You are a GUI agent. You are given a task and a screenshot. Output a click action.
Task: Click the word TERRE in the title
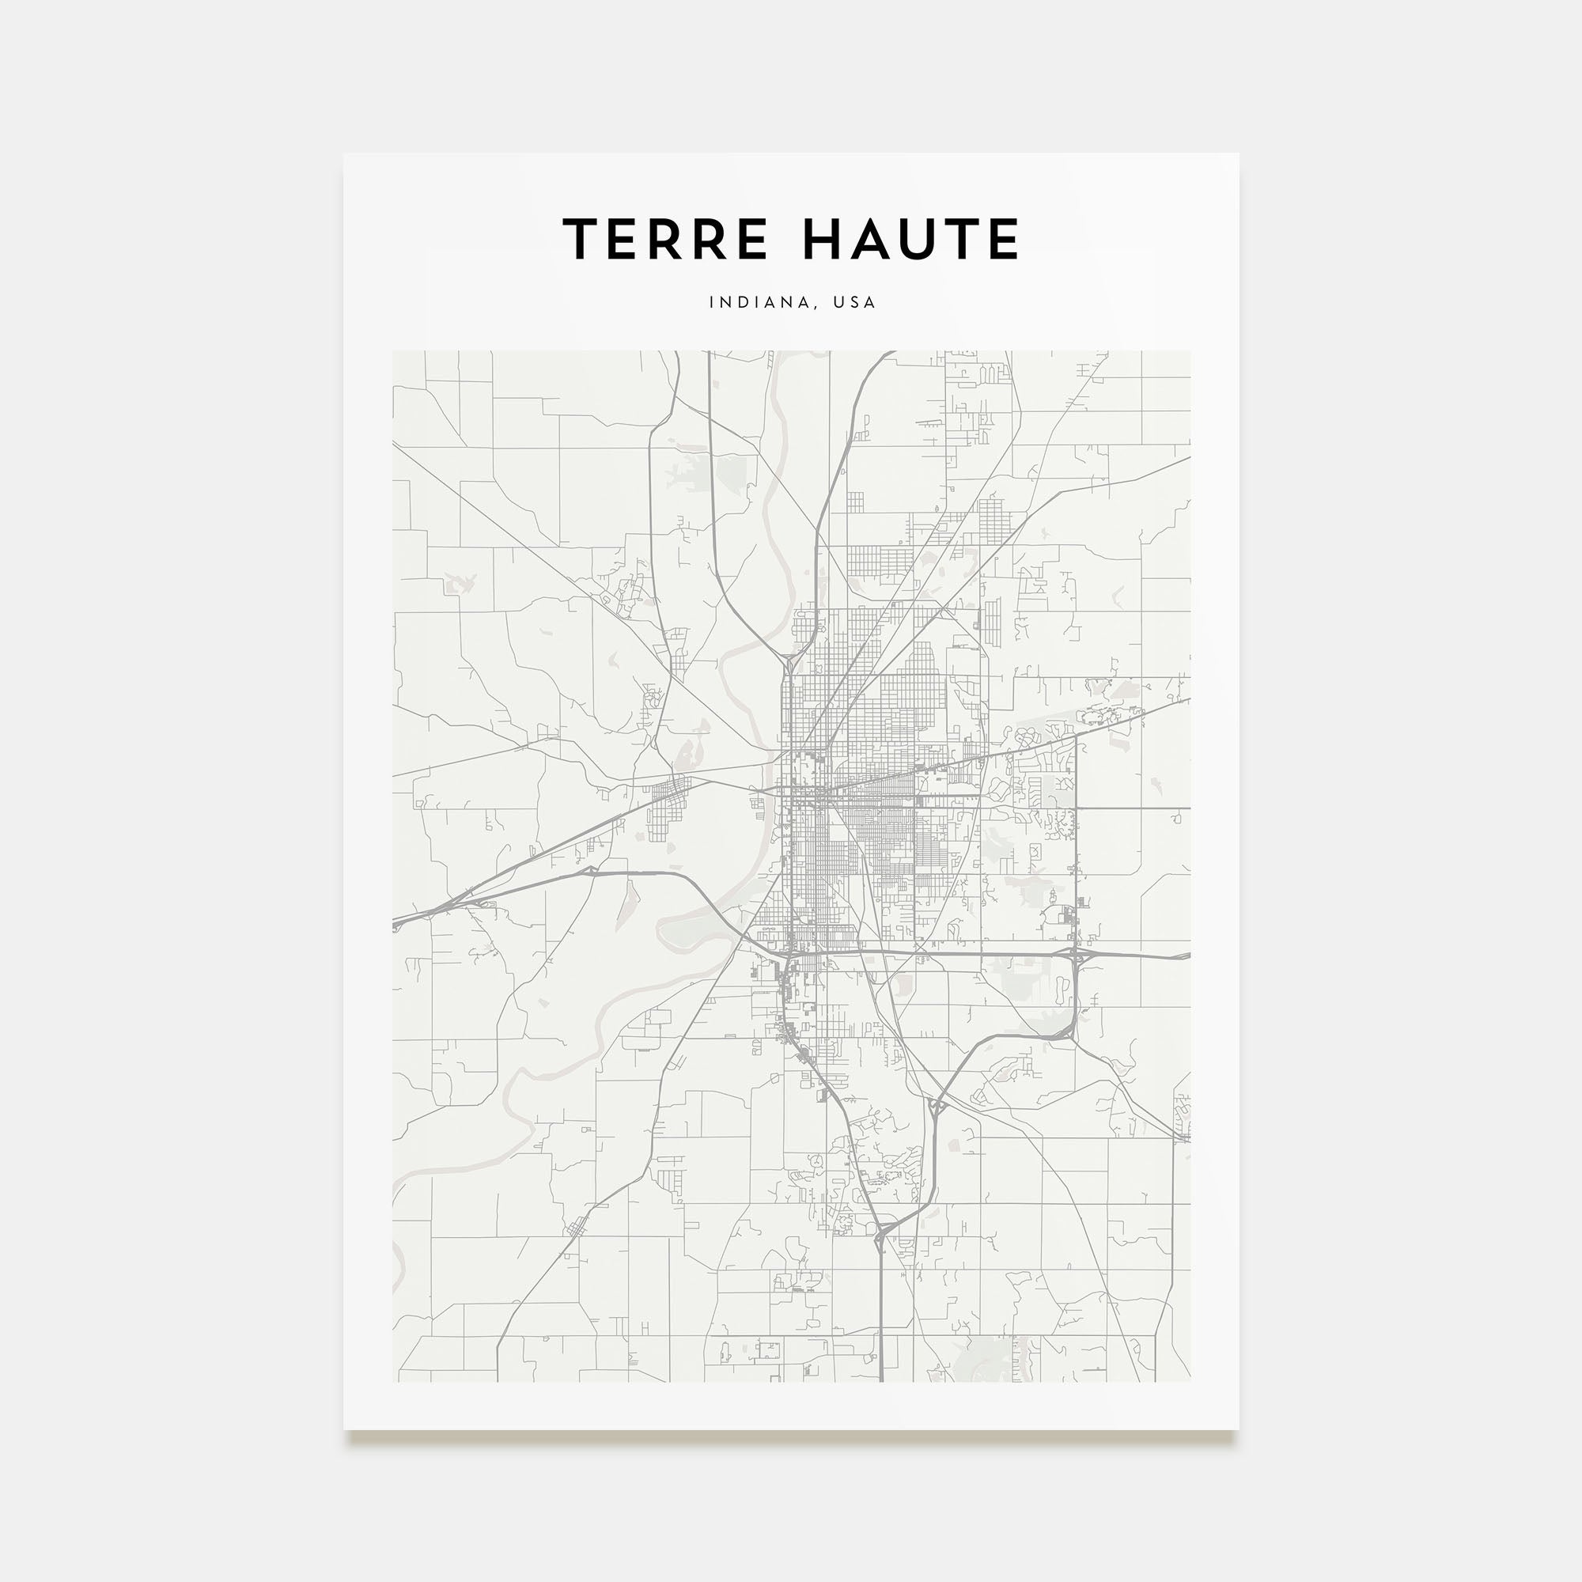[665, 239]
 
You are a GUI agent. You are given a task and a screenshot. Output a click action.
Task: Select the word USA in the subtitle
[854, 302]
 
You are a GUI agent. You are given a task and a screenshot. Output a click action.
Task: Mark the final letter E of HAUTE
[1003, 239]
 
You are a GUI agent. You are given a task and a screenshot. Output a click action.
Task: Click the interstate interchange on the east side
[1075, 955]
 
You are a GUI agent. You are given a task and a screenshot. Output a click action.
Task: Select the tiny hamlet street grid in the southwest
[577, 1251]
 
